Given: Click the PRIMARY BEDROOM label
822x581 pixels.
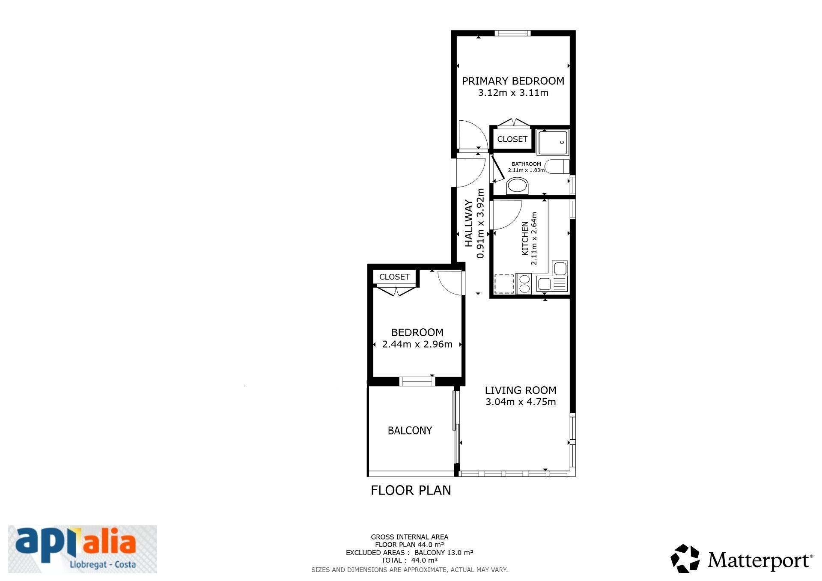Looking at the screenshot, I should pyautogui.click(x=513, y=81).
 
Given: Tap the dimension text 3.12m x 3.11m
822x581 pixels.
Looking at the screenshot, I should pyautogui.click(x=513, y=93).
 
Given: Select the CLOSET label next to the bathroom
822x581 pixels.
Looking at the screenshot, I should pyautogui.click(x=512, y=139).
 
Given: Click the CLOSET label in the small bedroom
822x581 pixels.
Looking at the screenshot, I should pyautogui.click(x=394, y=277).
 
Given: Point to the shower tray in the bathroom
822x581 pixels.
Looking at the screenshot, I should pyautogui.click(x=553, y=143).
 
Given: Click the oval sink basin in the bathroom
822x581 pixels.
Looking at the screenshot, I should pyautogui.click(x=517, y=187).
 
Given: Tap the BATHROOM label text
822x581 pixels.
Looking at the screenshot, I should pyautogui.click(x=526, y=164).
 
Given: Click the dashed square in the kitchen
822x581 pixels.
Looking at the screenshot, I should pyautogui.click(x=504, y=284).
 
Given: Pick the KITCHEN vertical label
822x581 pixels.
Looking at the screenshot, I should pyautogui.click(x=525, y=238).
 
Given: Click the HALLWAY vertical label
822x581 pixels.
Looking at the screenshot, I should pyautogui.click(x=469, y=223).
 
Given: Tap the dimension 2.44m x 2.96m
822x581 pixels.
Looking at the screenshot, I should pyautogui.click(x=417, y=344).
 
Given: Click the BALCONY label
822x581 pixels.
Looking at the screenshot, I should pyautogui.click(x=410, y=431).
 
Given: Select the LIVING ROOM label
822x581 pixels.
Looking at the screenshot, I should pyautogui.click(x=521, y=390).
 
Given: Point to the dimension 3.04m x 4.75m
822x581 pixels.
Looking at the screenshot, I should pyautogui.click(x=521, y=402).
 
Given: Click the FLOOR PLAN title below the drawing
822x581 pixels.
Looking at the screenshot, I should pyautogui.click(x=411, y=490).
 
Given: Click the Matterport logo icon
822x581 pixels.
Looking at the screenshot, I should pyautogui.click(x=685, y=558).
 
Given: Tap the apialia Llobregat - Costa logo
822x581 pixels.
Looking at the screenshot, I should pyautogui.click(x=83, y=549).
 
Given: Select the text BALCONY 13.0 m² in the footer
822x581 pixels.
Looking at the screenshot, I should pyautogui.click(x=444, y=553).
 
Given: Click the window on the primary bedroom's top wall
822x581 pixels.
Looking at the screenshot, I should pyautogui.click(x=512, y=33).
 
